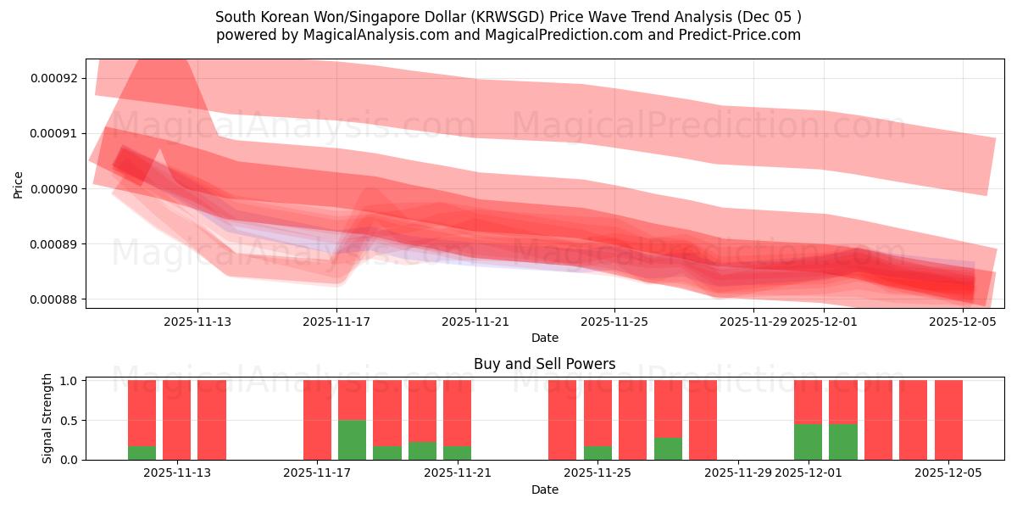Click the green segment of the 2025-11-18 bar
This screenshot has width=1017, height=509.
(352, 439)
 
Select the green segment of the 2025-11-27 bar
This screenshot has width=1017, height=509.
(668, 448)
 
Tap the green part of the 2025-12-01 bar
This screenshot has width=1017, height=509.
(808, 441)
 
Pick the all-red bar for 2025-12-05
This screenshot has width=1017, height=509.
(948, 420)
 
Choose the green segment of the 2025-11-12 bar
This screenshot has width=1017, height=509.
(142, 453)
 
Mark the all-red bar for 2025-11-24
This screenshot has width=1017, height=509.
(562, 420)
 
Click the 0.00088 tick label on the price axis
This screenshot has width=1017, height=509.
(53, 299)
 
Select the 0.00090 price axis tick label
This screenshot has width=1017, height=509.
(53, 188)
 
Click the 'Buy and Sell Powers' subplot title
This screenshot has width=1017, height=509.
(544, 364)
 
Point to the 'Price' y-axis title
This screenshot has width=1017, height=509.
(18, 184)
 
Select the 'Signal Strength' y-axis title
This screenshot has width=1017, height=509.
(47, 418)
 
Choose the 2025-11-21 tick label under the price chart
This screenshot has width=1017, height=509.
(475, 322)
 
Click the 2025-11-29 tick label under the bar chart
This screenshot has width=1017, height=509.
(738, 473)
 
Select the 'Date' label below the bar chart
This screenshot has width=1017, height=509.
(544, 489)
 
